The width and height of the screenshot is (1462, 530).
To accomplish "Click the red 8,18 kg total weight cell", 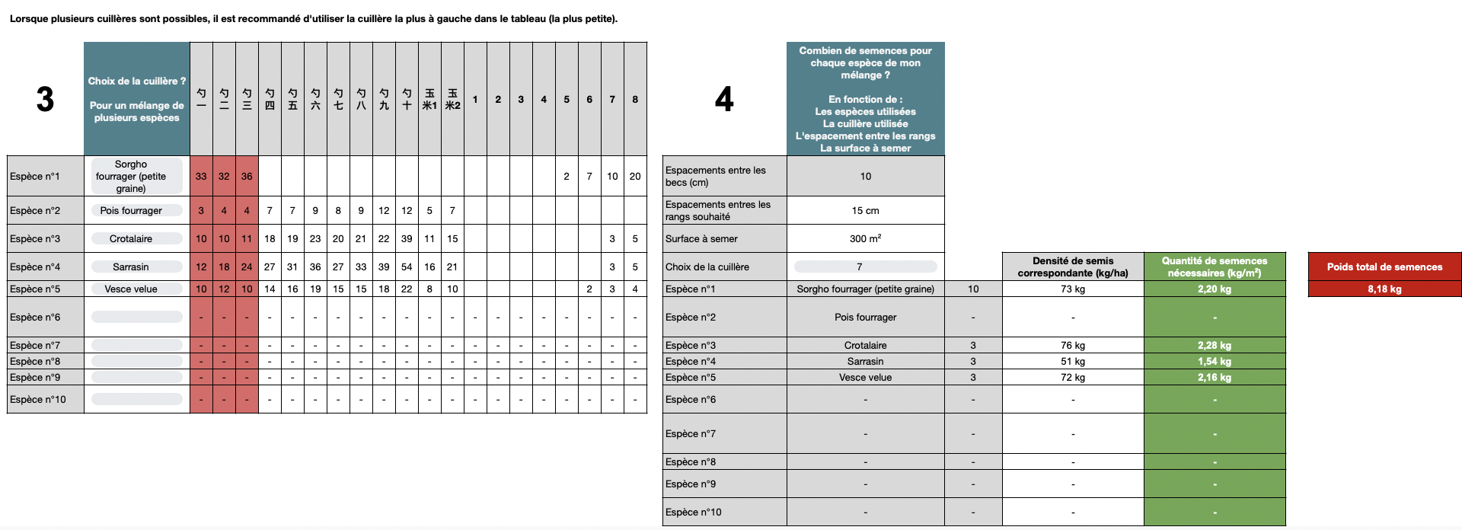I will pos(1384,289).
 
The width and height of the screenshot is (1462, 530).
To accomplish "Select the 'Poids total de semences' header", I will pos(1384,267).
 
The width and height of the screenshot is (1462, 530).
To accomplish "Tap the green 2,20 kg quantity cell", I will pos(1215,289).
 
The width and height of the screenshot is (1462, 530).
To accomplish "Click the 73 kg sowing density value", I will pos(1073,289).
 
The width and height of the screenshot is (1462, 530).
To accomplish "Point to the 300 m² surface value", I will pos(865,238).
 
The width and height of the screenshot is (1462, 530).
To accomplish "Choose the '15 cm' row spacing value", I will pos(865,210).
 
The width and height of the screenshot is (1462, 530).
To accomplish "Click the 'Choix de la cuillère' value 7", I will pos(865,267).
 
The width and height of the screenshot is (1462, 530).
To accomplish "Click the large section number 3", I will pos(45,99).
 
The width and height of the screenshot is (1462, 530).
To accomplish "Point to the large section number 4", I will pos(724,99).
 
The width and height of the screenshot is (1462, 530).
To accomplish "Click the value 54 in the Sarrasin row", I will pos(407,267).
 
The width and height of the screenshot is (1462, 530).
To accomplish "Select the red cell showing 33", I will pos(201,176).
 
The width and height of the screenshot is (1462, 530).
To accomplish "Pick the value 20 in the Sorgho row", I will pos(635,176).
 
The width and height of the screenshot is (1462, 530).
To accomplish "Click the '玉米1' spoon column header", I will pos(429,99).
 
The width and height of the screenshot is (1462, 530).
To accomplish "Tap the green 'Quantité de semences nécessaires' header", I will pos(1215,267).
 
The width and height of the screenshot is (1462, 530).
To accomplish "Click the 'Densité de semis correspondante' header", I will pos(1073,267).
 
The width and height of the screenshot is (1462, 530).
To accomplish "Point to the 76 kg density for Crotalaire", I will pos(1073,345).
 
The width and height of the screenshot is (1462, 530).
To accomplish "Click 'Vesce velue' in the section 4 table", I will pos(865,377).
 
